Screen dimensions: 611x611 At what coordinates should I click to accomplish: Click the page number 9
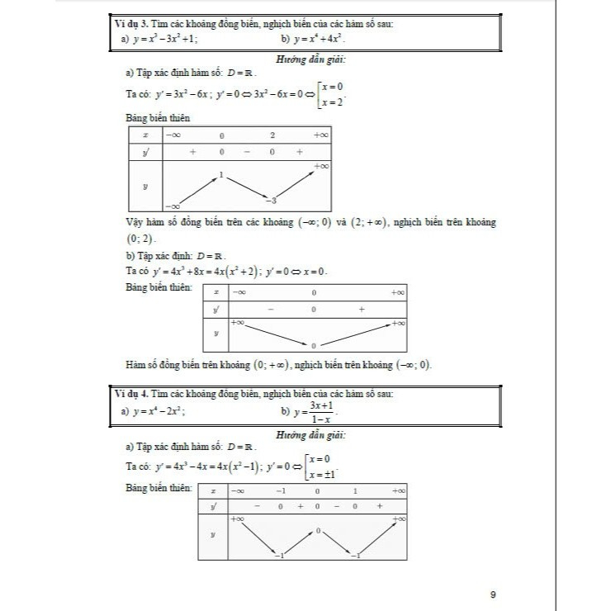click(492, 594)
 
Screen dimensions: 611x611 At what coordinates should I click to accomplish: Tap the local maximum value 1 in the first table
click(221, 175)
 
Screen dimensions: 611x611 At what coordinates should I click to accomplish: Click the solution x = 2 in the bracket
click(333, 102)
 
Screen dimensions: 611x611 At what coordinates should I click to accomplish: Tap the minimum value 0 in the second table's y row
click(314, 345)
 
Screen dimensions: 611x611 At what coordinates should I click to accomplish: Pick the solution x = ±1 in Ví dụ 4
click(324, 474)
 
